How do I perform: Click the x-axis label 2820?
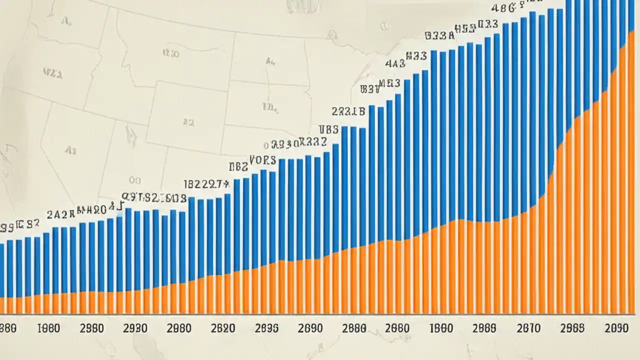(x=223, y=328)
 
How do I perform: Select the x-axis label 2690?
(x=310, y=328)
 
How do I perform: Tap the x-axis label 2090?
(x=616, y=328)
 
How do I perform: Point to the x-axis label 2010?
(x=528, y=328)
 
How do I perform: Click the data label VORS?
(x=262, y=160)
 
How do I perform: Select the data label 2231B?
(x=348, y=111)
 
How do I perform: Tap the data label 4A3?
(x=395, y=64)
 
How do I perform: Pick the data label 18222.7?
(x=206, y=184)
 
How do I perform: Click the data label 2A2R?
(x=60, y=214)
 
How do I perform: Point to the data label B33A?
(x=439, y=35)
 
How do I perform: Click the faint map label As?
(x=70, y=150)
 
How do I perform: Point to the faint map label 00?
(x=134, y=180)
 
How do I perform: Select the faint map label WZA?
(x=52, y=74)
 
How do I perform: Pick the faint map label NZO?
(x=170, y=52)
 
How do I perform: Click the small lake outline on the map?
(x=131, y=135)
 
